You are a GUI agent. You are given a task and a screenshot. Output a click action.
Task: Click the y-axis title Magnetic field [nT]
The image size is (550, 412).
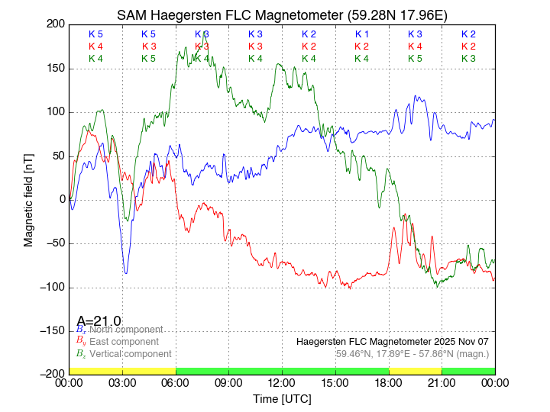28,198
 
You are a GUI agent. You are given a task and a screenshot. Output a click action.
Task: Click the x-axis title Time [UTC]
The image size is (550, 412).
282,399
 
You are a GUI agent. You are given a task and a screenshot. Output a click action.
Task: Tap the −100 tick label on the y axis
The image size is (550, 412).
52,288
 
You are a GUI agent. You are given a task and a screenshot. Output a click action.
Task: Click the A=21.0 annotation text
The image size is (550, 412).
99,321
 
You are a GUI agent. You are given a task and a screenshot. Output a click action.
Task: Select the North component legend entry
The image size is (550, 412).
122,330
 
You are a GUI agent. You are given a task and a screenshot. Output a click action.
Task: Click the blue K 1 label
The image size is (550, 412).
362,34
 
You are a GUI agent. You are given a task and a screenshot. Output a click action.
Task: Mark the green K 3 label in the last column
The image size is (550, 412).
468,59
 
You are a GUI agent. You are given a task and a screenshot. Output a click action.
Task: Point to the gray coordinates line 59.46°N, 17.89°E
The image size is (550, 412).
412,353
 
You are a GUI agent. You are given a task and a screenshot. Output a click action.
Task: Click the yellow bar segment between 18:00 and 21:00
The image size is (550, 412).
415,371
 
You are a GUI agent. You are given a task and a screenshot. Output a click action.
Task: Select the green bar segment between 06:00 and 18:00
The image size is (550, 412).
282,371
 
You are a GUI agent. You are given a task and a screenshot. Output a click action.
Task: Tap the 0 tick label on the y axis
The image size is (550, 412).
61,200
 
